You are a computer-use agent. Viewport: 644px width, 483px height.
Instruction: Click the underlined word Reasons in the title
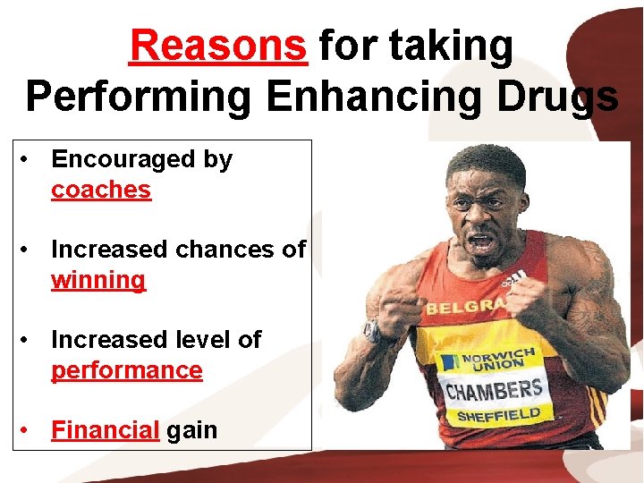coord(217,46)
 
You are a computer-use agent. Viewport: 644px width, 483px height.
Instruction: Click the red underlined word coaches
coord(101,191)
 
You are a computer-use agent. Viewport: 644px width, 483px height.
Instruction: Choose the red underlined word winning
coord(98,280)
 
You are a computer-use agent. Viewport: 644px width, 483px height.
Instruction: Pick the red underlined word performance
coord(127,370)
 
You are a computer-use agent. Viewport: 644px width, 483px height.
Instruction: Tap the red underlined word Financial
coord(105,430)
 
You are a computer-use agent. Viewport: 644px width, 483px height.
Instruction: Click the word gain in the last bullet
coord(191,430)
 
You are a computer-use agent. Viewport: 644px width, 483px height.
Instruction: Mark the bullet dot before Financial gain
coord(30,429)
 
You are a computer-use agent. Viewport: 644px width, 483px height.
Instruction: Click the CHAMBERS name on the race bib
coord(494,391)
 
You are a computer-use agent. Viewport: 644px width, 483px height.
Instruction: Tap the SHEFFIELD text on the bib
coord(499,416)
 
